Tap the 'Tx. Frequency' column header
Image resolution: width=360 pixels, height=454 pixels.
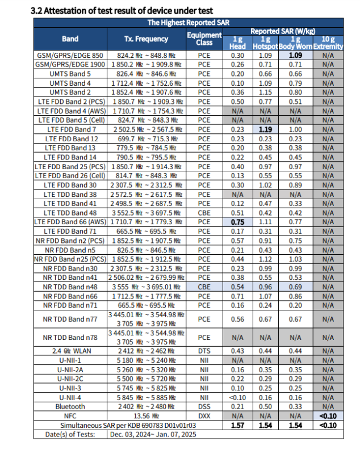point(146,39)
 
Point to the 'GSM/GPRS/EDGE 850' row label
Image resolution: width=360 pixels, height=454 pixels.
point(70,56)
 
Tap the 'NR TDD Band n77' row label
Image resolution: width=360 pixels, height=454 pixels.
point(70,320)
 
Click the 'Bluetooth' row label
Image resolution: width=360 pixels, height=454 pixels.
point(70,406)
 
